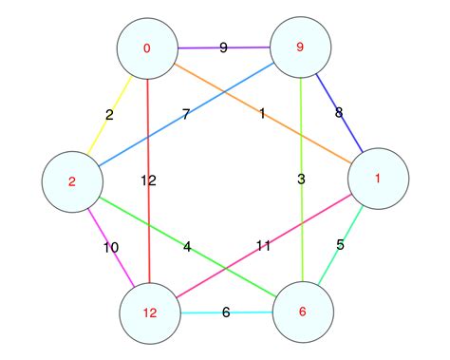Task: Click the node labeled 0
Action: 147,48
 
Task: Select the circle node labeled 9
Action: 301,47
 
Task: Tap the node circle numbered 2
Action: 71,181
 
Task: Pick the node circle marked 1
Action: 378,179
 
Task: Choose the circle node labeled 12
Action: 149,313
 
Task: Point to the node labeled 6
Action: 303,312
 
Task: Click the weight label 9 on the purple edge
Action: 223,47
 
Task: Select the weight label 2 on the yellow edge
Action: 109,115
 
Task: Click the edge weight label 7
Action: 186,114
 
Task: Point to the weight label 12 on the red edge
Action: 148,180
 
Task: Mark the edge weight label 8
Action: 339,113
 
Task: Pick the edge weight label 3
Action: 302,179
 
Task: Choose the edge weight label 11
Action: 263,245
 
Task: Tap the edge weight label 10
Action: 110,247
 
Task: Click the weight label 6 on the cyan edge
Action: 226,312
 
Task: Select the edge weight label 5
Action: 340,245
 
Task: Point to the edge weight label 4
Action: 187,247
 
